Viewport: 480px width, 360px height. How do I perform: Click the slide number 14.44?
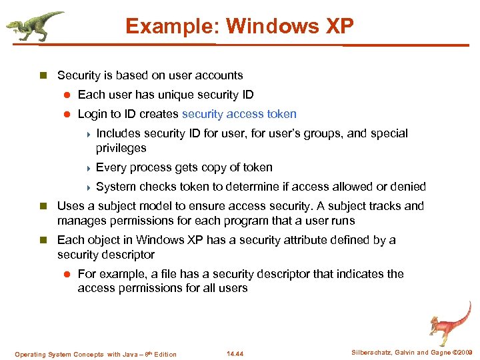point(235,354)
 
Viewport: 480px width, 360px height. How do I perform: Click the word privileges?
point(121,148)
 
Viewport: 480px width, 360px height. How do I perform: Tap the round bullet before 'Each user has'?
point(67,95)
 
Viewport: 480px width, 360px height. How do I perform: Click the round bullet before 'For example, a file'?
point(67,274)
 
